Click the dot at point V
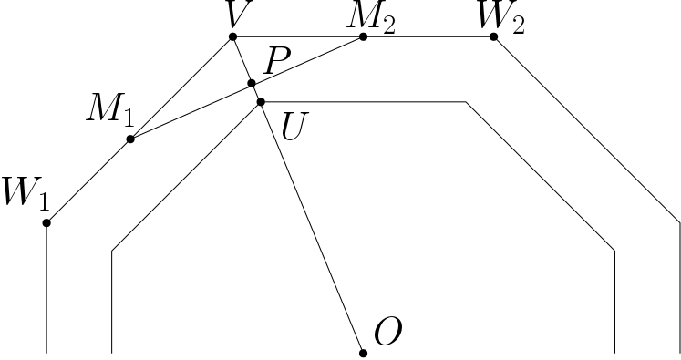[x=232, y=36]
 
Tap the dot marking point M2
[x=363, y=36]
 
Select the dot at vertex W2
[x=493, y=36]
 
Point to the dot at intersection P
[x=252, y=83]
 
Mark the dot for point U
[x=260, y=102]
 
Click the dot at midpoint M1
[x=130, y=139]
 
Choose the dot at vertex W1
[x=46, y=222]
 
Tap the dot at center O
[x=363, y=352]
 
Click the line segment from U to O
[x=311, y=227]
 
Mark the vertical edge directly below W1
[x=46, y=287]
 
